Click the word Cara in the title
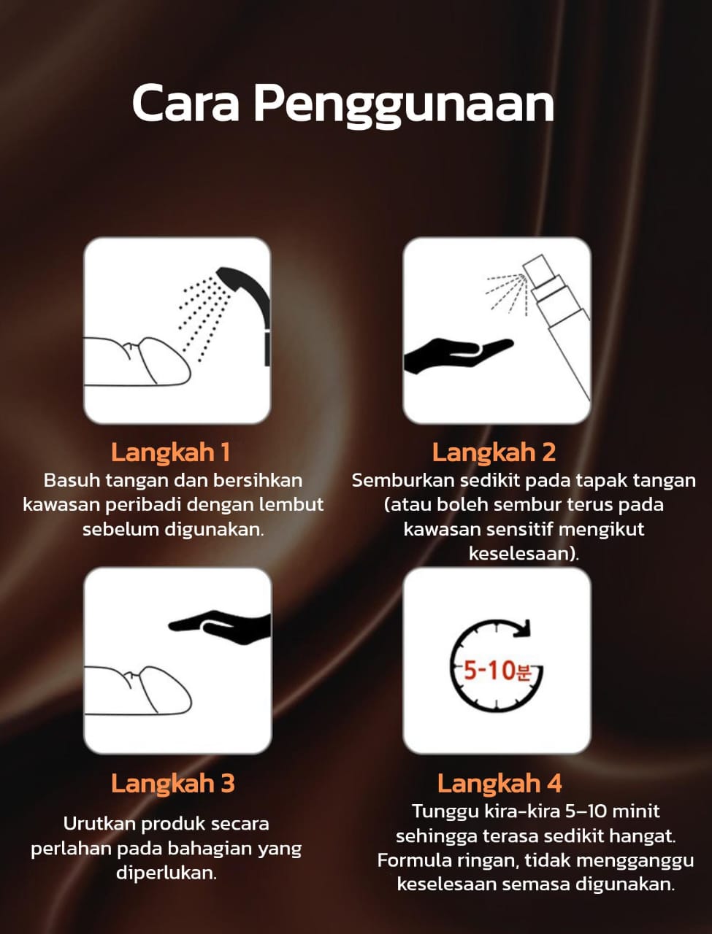(x=185, y=104)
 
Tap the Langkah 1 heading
(x=171, y=452)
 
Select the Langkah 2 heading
(x=494, y=452)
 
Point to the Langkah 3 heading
(x=173, y=784)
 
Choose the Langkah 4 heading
(x=499, y=784)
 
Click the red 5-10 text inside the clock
(x=490, y=670)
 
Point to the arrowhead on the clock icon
(x=523, y=629)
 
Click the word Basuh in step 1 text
(x=72, y=481)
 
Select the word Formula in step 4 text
(x=414, y=860)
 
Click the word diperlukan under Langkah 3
(x=166, y=874)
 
